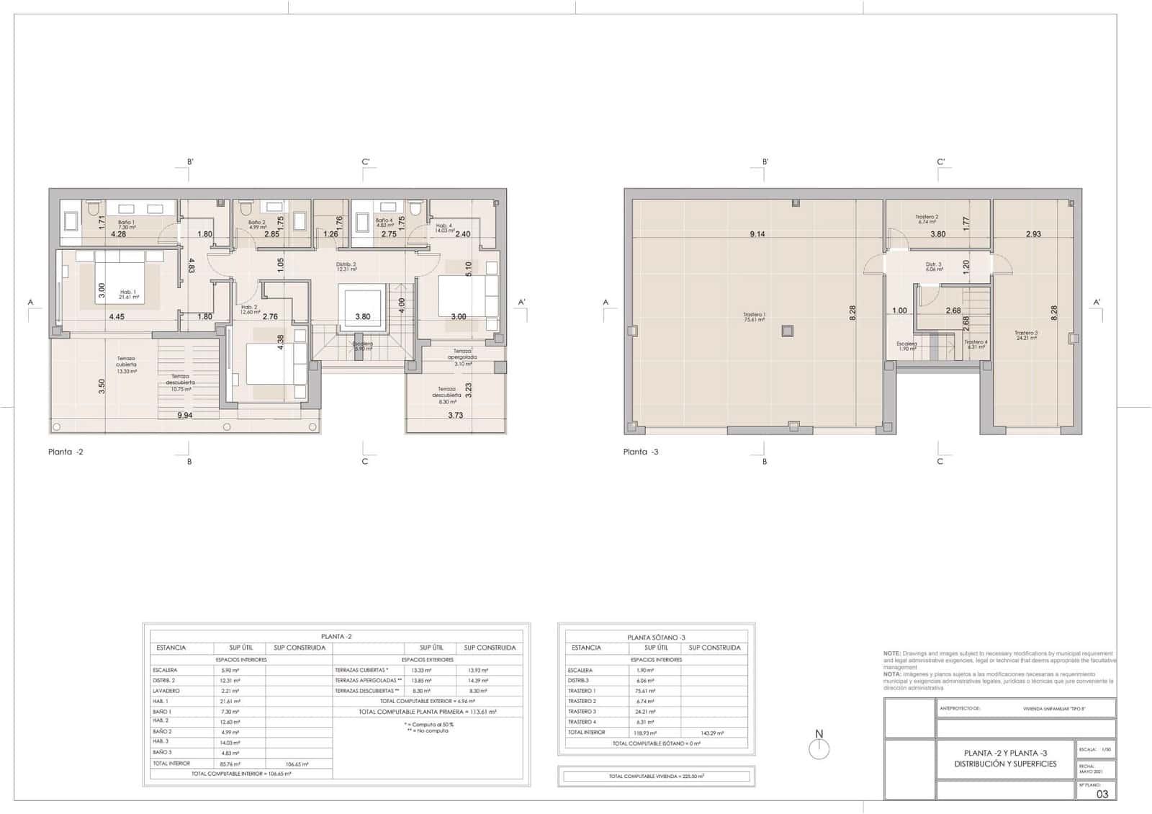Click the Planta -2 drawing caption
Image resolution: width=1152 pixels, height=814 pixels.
(66, 452)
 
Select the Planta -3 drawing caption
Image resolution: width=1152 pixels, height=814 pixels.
(641, 452)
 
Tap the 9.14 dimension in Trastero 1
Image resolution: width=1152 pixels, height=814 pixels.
(757, 234)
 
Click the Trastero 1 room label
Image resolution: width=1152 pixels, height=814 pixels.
(754, 317)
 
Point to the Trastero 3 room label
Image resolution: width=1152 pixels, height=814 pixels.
(1025, 335)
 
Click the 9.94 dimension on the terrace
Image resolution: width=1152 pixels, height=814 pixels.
(185, 415)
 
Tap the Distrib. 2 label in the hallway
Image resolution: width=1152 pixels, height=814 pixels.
(346, 266)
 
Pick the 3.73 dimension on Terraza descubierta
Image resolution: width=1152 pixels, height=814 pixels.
(455, 415)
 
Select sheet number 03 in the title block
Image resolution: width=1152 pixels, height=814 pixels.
(1102, 794)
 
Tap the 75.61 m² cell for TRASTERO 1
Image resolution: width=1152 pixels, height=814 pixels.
(647, 691)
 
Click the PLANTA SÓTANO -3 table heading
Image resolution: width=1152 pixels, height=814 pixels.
(656, 638)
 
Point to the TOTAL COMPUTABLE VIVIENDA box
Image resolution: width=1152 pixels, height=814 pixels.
(656, 777)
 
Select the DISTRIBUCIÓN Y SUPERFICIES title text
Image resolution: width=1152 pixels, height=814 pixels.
(1005, 764)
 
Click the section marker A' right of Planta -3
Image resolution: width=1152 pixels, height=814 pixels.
(1097, 303)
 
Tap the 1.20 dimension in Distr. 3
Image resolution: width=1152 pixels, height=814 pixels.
(966, 265)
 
